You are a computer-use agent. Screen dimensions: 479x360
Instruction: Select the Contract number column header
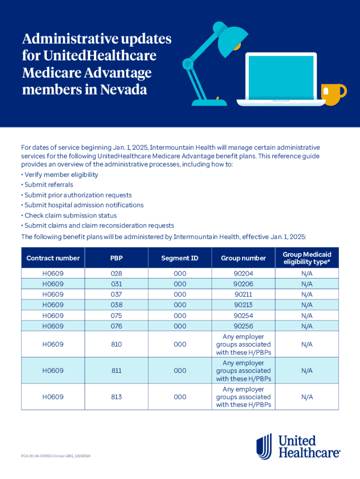53,258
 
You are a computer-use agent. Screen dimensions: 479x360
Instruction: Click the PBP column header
116,258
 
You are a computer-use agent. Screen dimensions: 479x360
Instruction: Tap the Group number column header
243,258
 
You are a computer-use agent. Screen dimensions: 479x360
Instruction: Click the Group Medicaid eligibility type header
307,258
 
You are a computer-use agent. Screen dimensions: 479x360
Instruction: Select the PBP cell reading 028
116,273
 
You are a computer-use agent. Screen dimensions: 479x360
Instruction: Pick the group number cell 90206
243,284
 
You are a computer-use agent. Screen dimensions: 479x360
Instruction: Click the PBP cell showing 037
116,294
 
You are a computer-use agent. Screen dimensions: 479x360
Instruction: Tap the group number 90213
243,305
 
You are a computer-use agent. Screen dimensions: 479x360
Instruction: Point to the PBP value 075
116,315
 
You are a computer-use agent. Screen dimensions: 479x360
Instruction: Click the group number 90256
243,326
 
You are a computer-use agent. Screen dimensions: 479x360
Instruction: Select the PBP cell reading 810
116,344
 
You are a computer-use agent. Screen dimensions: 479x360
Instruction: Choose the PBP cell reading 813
116,397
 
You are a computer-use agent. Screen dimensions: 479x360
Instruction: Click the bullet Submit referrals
49,185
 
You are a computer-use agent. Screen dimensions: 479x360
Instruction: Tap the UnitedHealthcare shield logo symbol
264,446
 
